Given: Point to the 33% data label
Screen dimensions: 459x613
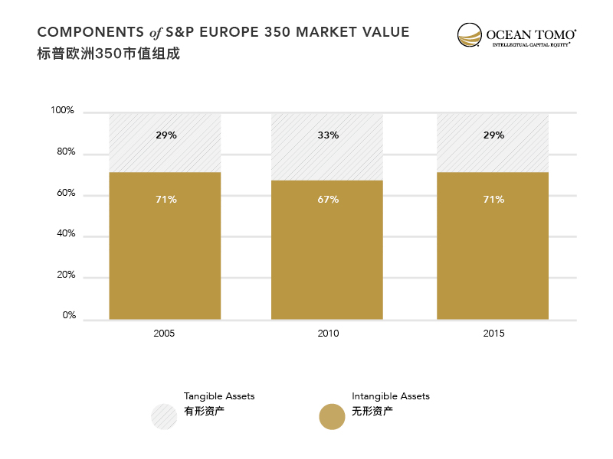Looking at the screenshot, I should tap(327, 135).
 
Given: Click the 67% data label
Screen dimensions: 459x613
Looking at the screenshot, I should tap(327, 200).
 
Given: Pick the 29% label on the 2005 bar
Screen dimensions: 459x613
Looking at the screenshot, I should tap(166, 135).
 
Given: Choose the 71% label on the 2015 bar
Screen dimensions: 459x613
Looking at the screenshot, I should tap(493, 200).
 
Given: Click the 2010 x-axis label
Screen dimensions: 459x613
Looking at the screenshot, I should tap(327, 334).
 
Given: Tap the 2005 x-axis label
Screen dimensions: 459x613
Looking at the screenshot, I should tap(165, 334).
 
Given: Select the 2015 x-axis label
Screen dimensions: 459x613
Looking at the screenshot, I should tap(493, 334).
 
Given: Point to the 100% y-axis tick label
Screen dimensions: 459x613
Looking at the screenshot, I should tap(63, 111).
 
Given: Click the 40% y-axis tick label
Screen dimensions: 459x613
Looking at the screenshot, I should tap(65, 234).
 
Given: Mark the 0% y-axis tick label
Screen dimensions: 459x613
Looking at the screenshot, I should tap(69, 315).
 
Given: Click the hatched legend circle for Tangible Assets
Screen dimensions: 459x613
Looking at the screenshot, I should tap(164, 416).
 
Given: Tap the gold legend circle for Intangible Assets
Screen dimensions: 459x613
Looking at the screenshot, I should tap(332, 416).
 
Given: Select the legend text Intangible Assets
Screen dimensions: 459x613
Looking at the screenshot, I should tap(391, 396).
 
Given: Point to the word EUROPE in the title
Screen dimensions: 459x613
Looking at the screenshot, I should tap(229, 32).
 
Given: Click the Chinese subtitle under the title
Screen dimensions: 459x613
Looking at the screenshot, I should tap(108, 54).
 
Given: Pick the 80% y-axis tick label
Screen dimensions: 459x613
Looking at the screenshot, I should tap(65, 152).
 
